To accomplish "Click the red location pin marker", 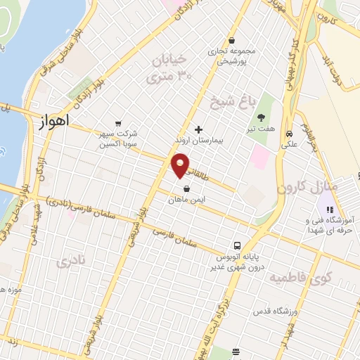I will point(181,165).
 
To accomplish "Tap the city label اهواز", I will point(50,122).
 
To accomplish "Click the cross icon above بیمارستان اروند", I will point(198,130).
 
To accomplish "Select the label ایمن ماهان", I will point(186,200).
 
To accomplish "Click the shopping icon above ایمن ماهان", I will point(186,188).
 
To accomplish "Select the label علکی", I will point(289,144).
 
